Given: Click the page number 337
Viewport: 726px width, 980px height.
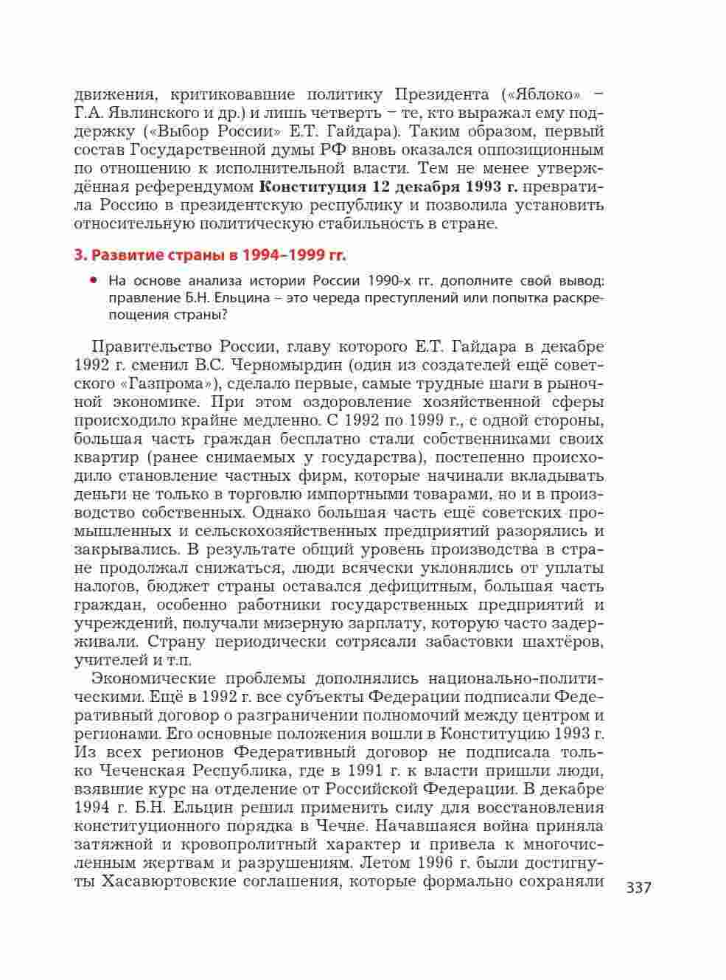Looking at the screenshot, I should [x=638, y=887].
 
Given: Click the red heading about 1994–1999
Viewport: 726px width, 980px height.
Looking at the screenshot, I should [x=210, y=256].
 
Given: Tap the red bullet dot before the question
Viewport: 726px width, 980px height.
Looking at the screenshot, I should [x=94, y=280].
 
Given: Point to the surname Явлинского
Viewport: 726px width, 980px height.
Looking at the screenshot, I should [x=151, y=114].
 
